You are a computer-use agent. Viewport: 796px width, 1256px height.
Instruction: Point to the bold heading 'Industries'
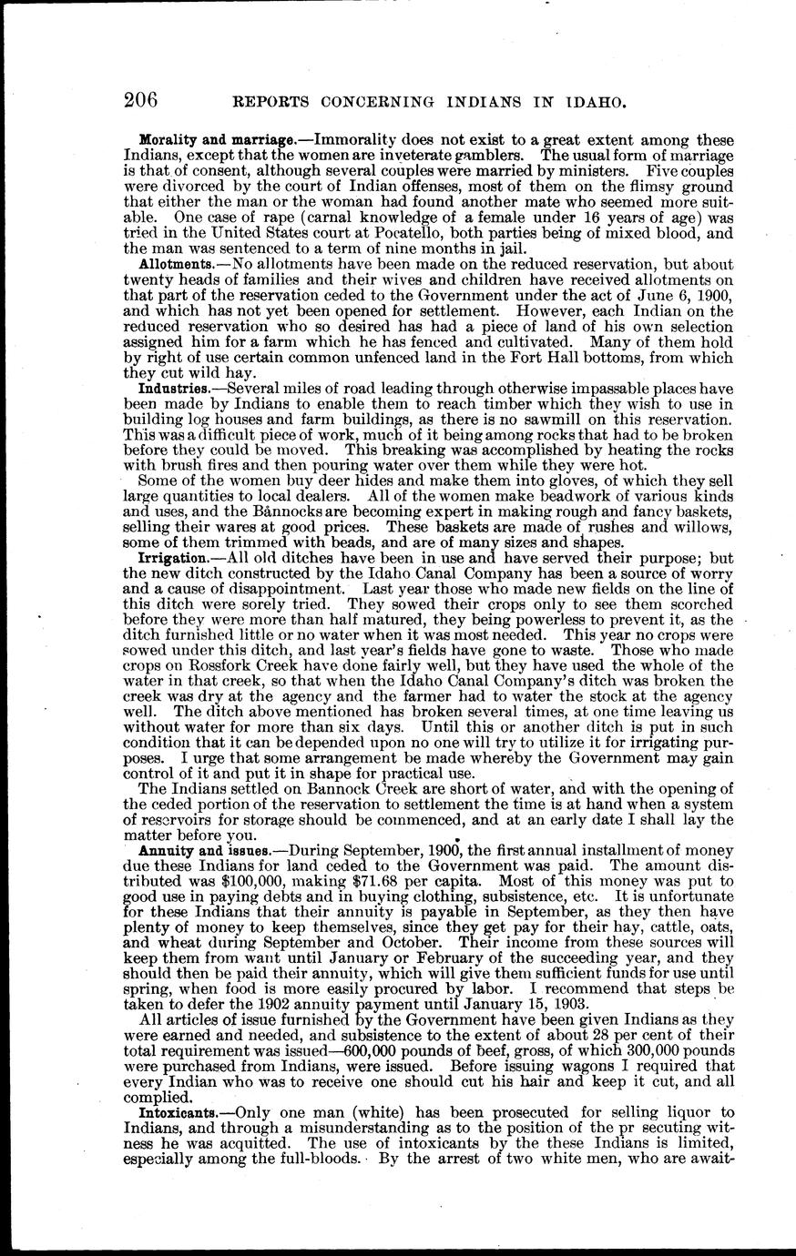[x=175, y=389]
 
